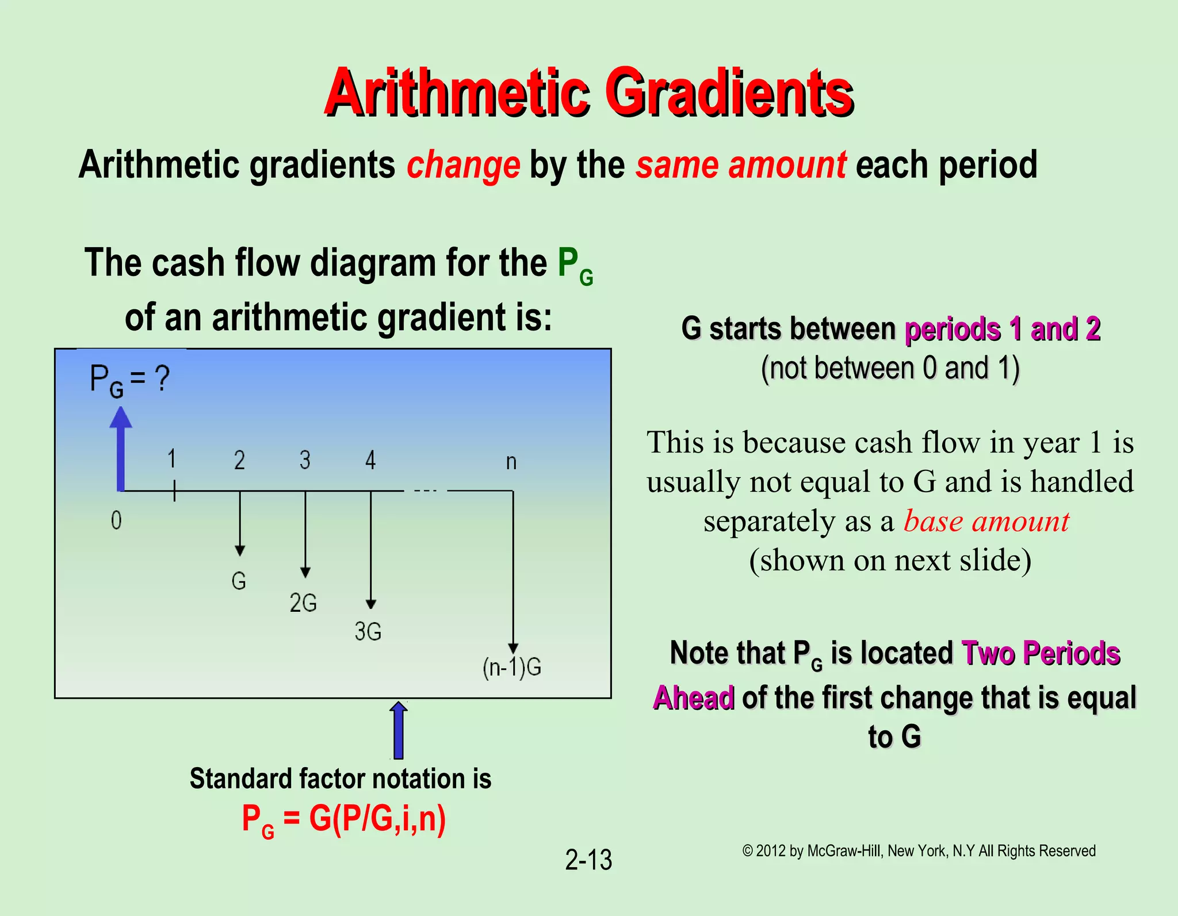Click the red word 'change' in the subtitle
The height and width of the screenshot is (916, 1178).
pos(463,165)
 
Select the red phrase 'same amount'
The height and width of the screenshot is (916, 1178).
pos(740,165)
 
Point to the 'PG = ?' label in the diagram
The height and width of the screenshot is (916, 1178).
pos(130,381)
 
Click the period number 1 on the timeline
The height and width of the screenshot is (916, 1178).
pos(171,459)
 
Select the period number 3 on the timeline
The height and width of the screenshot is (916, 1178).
pos(305,460)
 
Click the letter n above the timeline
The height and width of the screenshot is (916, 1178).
pos(511,462)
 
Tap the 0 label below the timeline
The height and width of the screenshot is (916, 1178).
pos(116,521)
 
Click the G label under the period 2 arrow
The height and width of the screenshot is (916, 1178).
pos(239,581)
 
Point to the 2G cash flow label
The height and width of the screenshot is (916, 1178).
pos(303,603)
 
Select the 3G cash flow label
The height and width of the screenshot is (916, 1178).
pos(368,632)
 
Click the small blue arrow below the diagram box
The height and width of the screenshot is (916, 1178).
pos(398,730)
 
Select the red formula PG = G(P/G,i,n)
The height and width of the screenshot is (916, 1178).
pos(343,819)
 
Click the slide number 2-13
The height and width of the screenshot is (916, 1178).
pos(588,860)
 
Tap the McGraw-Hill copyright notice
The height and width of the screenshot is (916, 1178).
pos(919,851)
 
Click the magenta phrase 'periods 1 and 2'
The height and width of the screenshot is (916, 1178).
pos(1003,329)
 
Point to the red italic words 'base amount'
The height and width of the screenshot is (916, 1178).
pos(986,522)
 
